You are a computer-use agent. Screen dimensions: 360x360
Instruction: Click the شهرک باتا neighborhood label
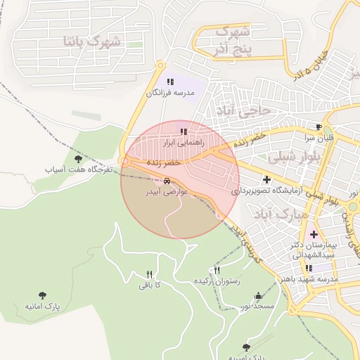(91, 41)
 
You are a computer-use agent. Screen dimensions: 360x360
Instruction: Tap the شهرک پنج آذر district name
(231, 40)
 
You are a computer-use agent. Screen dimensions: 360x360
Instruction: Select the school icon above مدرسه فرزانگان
(170, 82)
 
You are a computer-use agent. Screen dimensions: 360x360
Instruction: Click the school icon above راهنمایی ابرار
(184, 131)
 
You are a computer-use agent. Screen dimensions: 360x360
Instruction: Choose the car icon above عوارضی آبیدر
(167, 181)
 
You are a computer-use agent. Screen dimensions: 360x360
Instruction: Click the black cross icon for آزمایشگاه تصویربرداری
(266, 179)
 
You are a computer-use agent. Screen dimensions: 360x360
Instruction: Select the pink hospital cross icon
(314, 233)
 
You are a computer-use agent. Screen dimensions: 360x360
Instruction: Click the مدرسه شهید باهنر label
(310, 279)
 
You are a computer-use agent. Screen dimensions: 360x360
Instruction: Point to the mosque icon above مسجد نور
(258, 296)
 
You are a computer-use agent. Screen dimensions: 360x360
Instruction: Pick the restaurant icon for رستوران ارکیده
(217, 271)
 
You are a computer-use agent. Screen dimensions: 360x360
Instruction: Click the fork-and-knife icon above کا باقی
(149, 274)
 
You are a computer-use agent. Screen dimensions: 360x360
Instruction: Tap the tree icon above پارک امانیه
(44, 295)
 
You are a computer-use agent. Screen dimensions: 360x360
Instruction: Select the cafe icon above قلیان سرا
(319, 127)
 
